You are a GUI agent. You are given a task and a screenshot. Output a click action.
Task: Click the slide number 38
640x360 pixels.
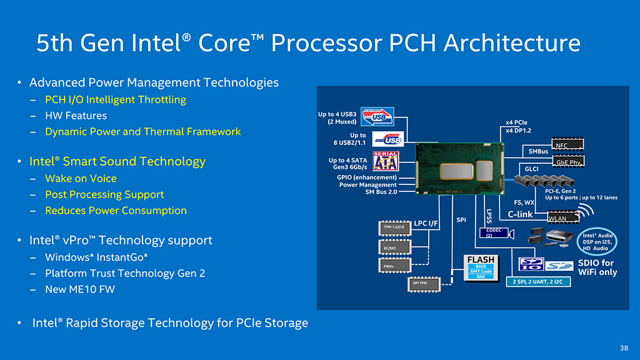click(624, 348)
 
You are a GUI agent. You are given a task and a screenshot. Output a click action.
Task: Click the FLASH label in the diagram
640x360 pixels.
click(480, 260)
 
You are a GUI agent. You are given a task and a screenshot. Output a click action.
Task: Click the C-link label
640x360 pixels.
click(520, 214)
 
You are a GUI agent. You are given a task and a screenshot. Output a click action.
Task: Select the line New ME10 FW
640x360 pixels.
click(80, 289)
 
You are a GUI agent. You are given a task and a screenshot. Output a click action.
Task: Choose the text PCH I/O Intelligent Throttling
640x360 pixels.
click(116, 99)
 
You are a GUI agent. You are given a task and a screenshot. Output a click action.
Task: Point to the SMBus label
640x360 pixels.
click(539, 151)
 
